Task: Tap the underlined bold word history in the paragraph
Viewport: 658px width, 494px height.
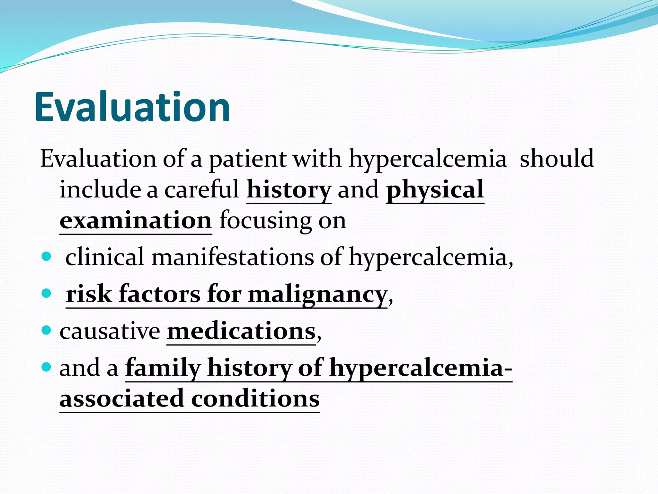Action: [289, 190]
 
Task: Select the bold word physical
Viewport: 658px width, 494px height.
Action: [435, 190]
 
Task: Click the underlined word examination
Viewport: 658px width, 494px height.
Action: [136, 221]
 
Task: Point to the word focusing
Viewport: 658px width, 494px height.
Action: [265, 221]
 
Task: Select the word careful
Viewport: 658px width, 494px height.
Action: [202, 190]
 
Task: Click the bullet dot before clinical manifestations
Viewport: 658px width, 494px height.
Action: [47, 257]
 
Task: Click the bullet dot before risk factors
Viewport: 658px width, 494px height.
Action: [47, 293]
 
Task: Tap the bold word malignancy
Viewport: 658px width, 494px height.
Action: [317, 295]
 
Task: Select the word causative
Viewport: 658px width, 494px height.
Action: [110, 331]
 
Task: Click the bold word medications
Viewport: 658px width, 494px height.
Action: [241, 331]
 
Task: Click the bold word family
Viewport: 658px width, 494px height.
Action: [163, 368]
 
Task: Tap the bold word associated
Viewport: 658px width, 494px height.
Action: [121, 399]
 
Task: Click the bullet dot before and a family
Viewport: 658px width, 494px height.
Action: [47, 367]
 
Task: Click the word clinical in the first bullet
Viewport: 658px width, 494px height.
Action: [105, 257]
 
